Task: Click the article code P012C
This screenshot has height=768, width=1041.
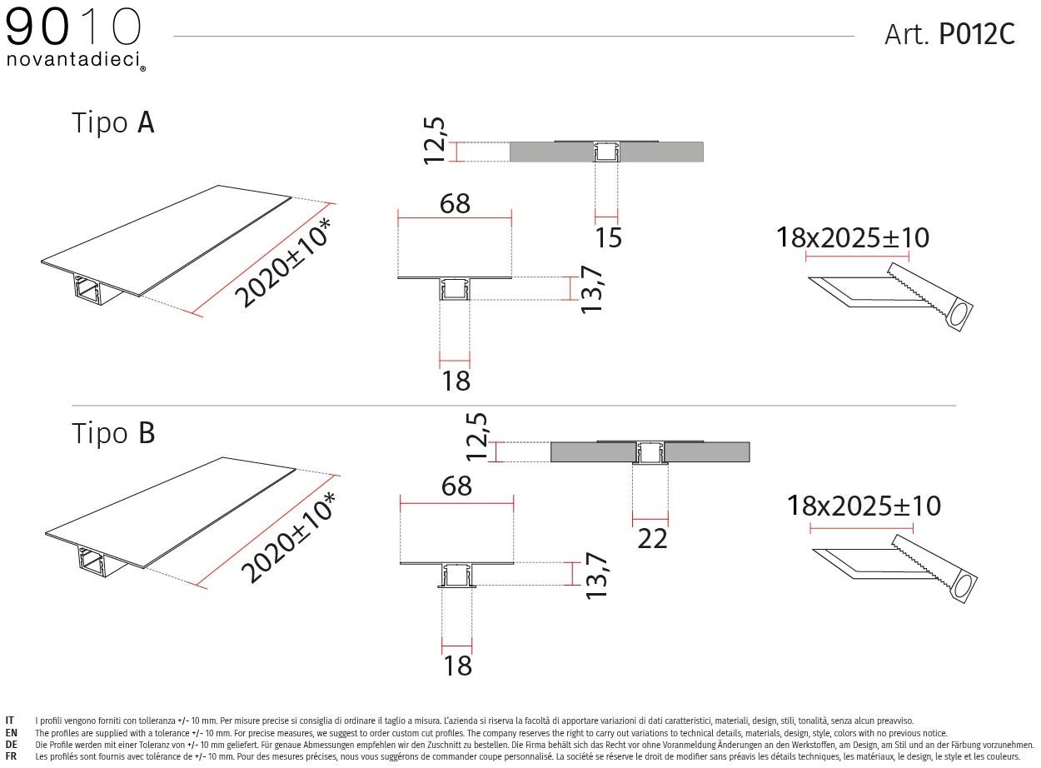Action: [x=976, y=34]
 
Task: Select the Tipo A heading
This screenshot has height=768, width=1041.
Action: [x=113, y=123]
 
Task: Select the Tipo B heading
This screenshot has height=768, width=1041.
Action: [x=113, y=433]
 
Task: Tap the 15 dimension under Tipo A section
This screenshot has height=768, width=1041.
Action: [x=608, y=237]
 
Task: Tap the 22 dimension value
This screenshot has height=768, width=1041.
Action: [x=652, y=539]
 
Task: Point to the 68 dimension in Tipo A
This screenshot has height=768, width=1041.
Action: [x=455, y=203]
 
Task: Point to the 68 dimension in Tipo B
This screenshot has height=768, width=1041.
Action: [x=457, y=486]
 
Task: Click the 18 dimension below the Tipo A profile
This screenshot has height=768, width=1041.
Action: [x=456, y=381]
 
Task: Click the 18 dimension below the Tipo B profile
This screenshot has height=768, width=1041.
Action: [x=458, y=666]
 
